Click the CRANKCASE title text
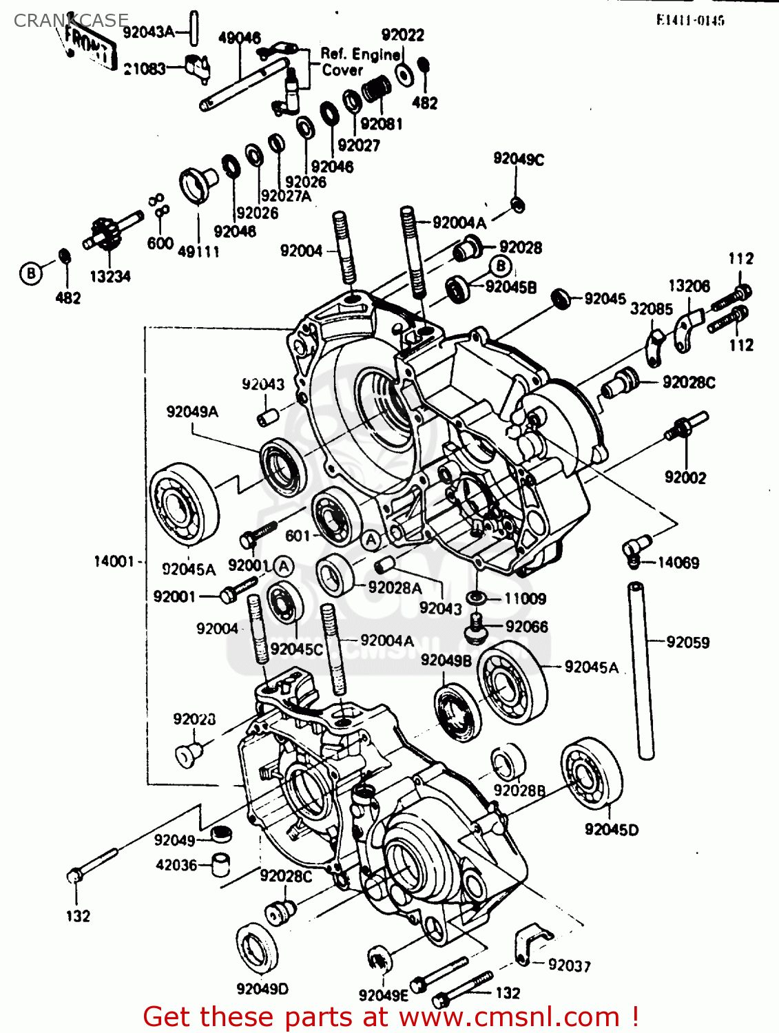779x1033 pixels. pos(70,21)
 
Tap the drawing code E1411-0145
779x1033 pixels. pos(690,21)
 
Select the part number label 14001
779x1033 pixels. pos(114,561)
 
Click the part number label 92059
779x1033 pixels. pos(687,642)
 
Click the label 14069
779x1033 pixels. pos(678,563)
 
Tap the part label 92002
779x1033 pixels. pos(685,477)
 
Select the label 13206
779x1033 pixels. pos(689,286)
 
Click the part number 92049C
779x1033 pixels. pos(518,159)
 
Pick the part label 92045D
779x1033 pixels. pos(611,830)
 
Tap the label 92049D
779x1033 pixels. pos(262,989)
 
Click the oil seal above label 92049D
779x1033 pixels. pos(257,949)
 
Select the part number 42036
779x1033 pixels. pos(176,865)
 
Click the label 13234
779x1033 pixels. pos(110,276)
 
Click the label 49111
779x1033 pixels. pos(198,252)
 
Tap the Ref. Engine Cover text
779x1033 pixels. pos(360,62)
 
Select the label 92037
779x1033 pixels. pos(569,966)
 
